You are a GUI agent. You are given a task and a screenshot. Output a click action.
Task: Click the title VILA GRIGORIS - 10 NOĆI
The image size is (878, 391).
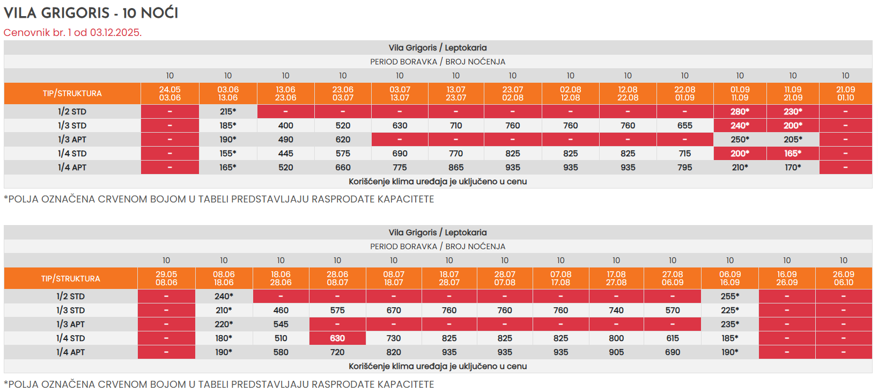click(91, 13)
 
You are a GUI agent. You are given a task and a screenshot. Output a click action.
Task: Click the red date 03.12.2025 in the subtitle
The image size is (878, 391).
click(115, 33)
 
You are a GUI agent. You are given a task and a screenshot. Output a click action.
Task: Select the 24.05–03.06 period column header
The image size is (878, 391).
click(169, 93)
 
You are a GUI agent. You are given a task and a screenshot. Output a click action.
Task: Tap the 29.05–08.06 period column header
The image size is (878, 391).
click(166, 278)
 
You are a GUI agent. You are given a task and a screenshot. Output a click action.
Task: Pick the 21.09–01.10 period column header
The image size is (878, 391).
click(845, 93)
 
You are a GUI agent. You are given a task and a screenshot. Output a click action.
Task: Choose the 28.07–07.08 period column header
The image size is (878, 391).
click(505, 278)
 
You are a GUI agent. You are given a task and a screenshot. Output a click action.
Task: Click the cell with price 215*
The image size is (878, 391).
click(228, 112)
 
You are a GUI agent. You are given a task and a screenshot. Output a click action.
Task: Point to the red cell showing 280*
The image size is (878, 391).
click(740, 112)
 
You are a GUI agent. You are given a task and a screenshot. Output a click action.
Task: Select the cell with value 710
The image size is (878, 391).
click(456, 126)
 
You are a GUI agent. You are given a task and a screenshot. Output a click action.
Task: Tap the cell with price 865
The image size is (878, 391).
click(456, 168)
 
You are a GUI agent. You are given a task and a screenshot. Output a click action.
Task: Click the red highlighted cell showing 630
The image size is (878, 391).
click(337, 338)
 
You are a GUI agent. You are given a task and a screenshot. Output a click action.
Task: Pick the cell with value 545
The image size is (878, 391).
click(281, 324)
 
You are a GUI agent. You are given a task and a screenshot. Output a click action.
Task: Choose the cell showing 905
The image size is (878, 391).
click(616, 352)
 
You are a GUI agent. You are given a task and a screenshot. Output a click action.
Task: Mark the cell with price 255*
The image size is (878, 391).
click(730, 296)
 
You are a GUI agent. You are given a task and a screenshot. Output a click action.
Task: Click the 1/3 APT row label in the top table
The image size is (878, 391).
click(72, 140)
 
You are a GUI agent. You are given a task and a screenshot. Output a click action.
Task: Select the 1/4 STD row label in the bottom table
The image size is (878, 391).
click(70, 338)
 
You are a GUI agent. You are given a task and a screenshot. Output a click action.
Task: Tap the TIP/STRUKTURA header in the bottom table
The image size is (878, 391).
click(70, 279)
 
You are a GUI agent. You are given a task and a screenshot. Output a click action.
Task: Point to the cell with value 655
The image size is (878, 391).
click(685, 126)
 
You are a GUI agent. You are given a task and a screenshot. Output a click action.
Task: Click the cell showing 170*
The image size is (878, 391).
click(793, 168)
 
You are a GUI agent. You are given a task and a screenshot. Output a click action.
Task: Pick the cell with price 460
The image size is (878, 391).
click(281, 310)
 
